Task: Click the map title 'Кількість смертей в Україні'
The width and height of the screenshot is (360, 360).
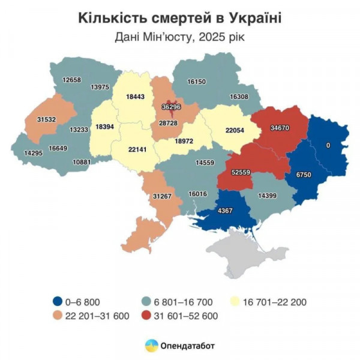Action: pos(180,17)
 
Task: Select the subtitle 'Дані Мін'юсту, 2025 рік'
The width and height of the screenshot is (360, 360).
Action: pos(180,37)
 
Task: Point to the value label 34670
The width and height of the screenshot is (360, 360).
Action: pos(282,128)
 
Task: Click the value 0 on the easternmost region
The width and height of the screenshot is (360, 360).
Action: pos(328,145)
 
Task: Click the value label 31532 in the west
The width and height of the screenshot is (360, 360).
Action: pos(46,119)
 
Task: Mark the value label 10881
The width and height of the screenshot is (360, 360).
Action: pos(82,162)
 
